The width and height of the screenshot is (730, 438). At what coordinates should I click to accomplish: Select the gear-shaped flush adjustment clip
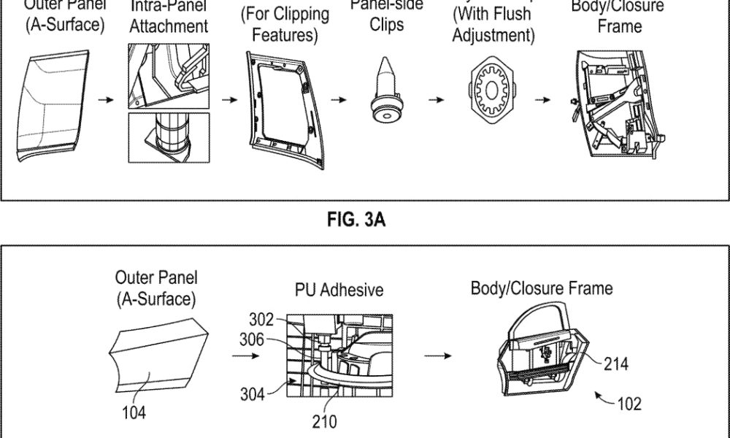pyautogui.click(x=490, y=92)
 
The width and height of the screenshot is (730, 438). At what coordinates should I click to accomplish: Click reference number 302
pyautogui.click(x=261, y=318)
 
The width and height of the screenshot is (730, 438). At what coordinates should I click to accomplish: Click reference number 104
pyautogui.click(x=134, y=412)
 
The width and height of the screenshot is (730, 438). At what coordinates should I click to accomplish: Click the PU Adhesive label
pyautogui.click(x=339, y=290)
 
